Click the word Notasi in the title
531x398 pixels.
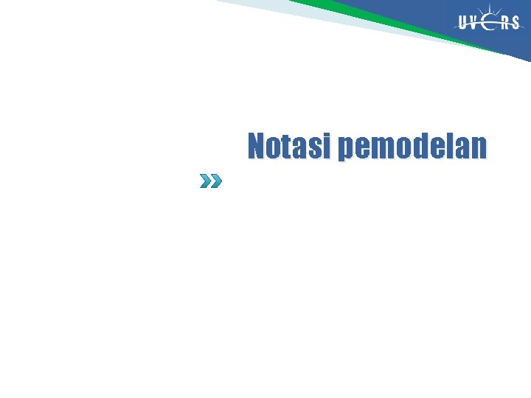pos(289,146)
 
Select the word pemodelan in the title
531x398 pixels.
pos(412,147)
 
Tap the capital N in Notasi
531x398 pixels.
pos(257,146)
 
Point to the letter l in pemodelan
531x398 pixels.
pos(449,146)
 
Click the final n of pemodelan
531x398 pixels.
pos(478,147)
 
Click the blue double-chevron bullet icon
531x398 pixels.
pos(210,181)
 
